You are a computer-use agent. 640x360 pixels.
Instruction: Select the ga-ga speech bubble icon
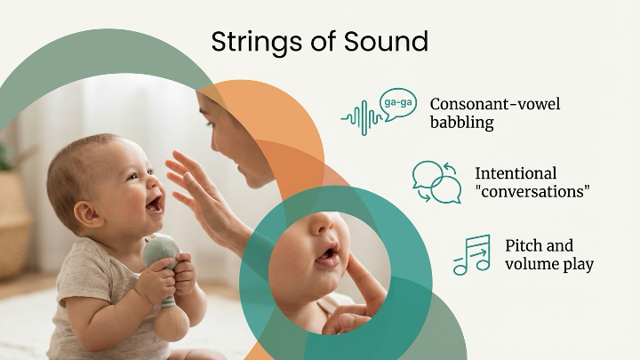396,103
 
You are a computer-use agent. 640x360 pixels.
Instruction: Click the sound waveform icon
359,116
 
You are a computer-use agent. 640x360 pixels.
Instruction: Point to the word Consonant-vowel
495,104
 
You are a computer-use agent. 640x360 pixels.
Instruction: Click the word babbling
461,123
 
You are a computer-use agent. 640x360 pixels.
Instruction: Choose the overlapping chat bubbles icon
436,181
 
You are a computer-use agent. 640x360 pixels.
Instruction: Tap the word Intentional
516,173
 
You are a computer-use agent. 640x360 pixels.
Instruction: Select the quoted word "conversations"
532,192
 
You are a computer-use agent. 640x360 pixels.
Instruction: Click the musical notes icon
472,254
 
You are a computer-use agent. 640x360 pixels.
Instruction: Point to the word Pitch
525,245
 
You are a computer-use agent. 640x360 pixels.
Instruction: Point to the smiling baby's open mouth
154,204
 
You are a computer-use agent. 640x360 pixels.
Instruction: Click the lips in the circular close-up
328,257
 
